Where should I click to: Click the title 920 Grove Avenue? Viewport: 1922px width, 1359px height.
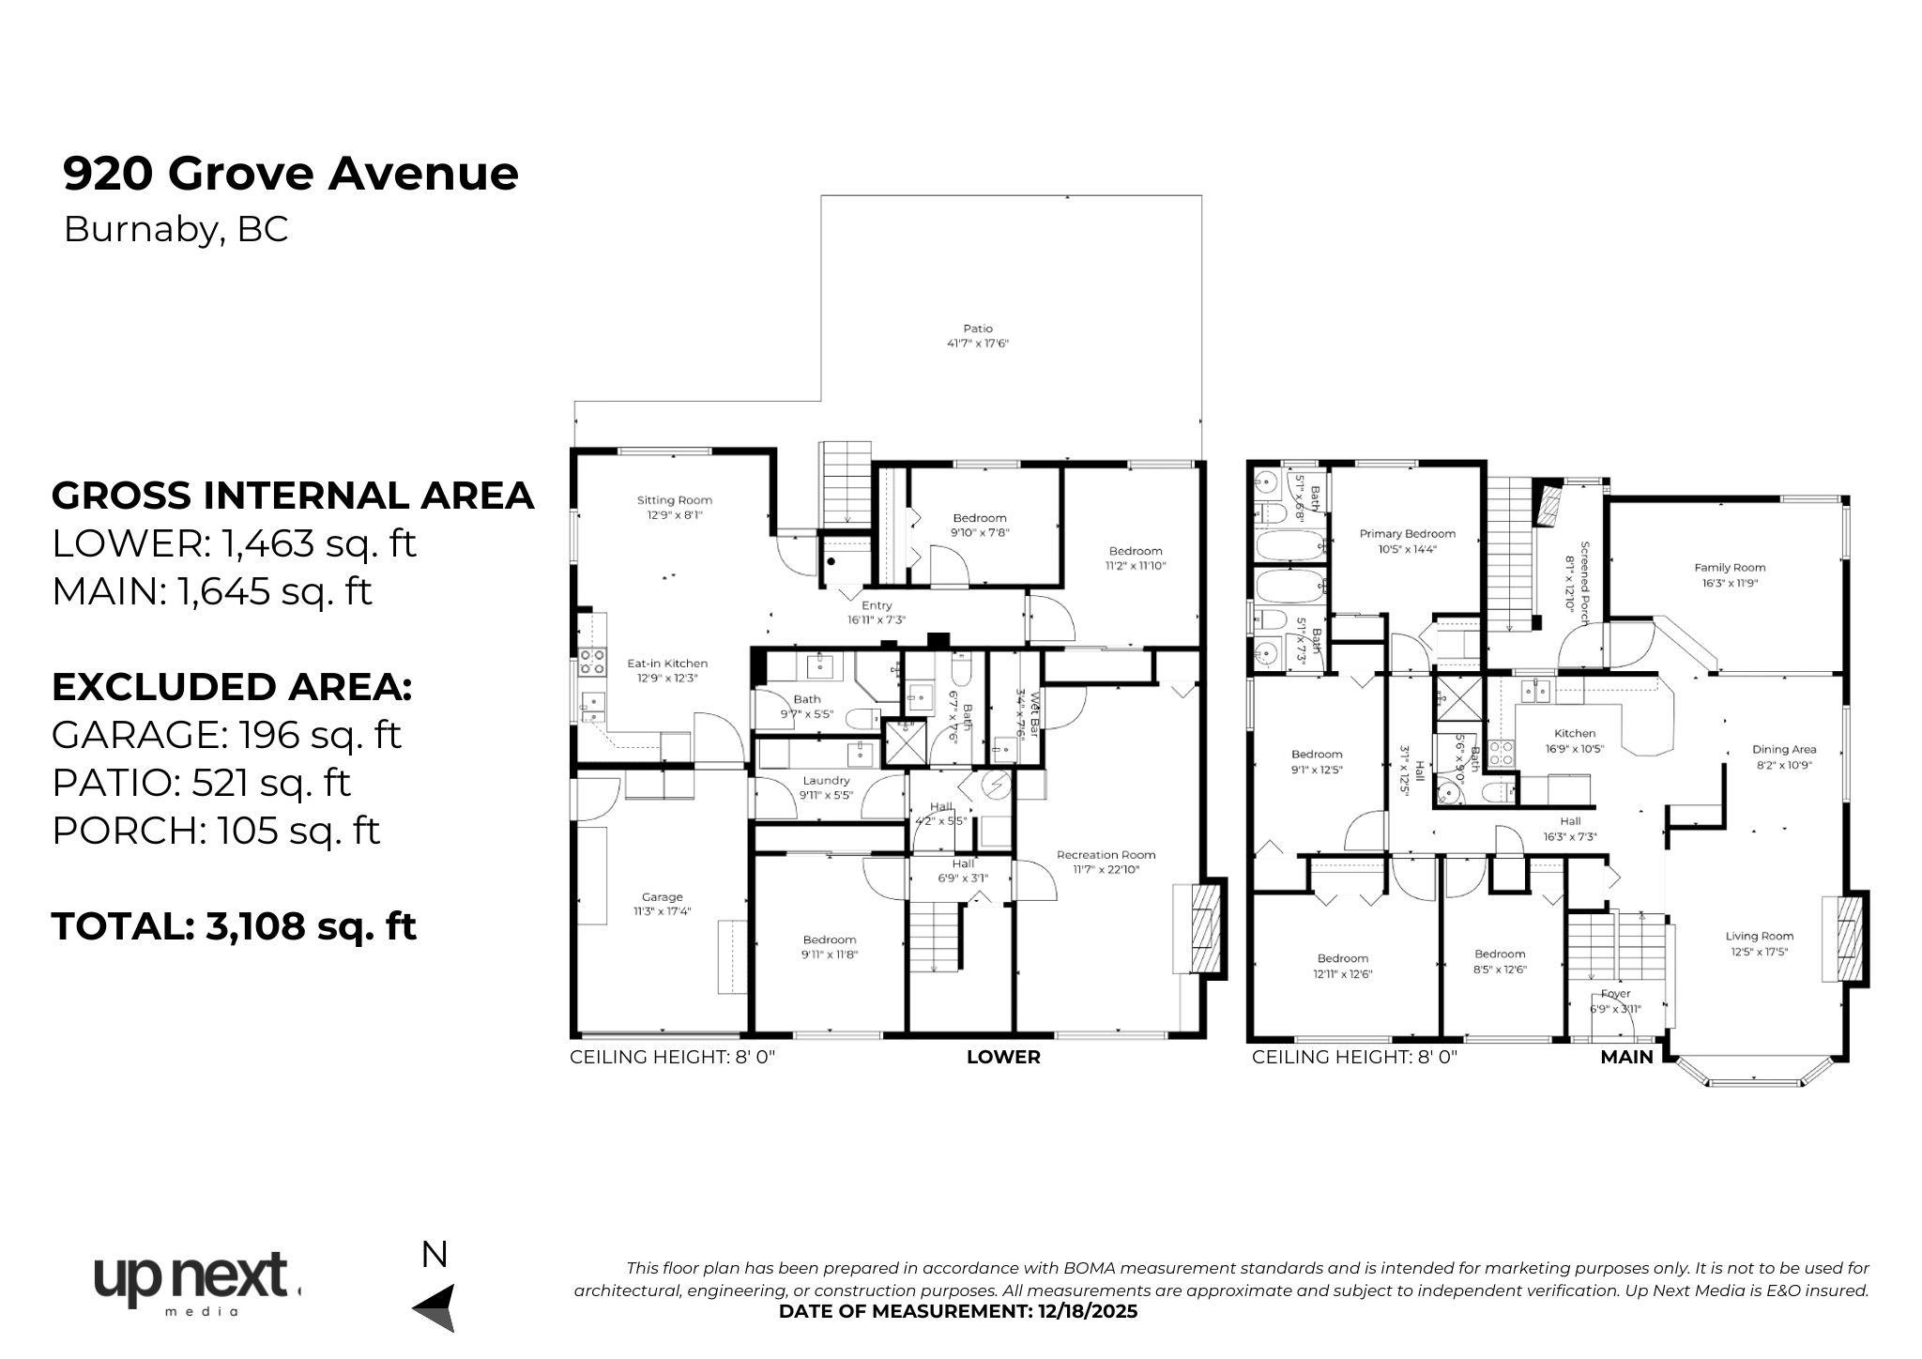point(290,175)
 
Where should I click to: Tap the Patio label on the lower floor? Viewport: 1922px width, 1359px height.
point(977,336)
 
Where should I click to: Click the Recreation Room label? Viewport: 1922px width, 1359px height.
point(1106,862)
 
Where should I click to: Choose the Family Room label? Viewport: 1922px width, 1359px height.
point(1729,574)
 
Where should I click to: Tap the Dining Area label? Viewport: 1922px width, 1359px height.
point(1783,756)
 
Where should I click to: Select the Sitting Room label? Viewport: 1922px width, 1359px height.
point(674,507)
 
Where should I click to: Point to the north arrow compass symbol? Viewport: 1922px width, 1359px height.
point(436,1306)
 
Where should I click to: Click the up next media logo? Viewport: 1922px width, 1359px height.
point(195,1283)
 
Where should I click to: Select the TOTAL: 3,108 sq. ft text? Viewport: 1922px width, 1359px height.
point(234,927)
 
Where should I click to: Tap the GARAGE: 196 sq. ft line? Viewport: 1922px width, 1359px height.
point(225,735)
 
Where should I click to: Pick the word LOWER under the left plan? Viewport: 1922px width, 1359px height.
point(1002,1057)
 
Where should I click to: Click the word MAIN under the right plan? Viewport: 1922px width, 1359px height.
point(1625,1057)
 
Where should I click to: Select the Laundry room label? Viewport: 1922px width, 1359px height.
point(826,786)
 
